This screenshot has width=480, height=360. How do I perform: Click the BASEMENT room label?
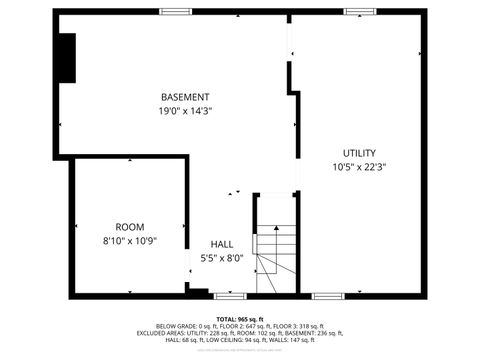point(185,97)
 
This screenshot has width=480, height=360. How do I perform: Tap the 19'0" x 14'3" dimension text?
point(185,111)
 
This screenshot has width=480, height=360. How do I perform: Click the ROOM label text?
point(130,227)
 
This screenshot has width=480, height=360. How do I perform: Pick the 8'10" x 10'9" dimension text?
point(130,241)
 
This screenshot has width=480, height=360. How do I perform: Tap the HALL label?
point(222,244)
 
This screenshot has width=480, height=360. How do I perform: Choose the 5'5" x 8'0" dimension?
point(222,258)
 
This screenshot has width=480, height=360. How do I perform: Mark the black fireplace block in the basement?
point(66,58)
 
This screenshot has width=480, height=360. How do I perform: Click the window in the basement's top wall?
point(175,12)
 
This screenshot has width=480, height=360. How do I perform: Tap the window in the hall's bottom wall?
point(230,296)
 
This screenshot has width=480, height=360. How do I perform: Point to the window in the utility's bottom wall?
point(327,296)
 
